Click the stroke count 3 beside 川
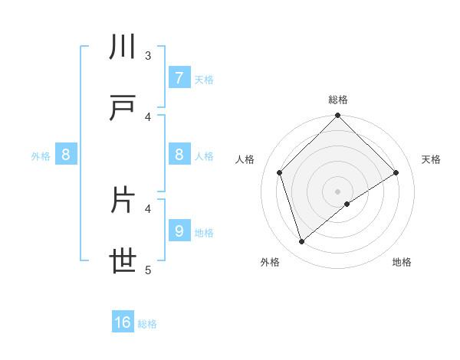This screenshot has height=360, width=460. coord(148,55)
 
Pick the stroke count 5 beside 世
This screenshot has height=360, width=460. coord(148,270)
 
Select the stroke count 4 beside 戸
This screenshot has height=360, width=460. coord(148,116)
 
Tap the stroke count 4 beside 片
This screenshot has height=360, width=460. coord(148,208)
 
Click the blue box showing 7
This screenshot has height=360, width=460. coord(179,77)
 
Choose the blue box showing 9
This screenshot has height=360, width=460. coord(179,231)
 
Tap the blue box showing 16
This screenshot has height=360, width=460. coord(123,322)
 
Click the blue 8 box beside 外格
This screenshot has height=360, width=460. coord(65,155)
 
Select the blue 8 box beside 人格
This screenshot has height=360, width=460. coord(179,155)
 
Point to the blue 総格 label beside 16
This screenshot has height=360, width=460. coord(147,324)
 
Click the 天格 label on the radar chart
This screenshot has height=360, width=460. coord(432,159)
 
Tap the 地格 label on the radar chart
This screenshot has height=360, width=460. coord(402,262)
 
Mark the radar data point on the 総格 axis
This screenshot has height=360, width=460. coord(337,116)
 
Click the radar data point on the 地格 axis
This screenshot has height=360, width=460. coord(347,204)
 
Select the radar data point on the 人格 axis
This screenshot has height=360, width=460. coord(280,172)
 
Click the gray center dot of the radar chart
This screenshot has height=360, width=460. coord(337,191)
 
